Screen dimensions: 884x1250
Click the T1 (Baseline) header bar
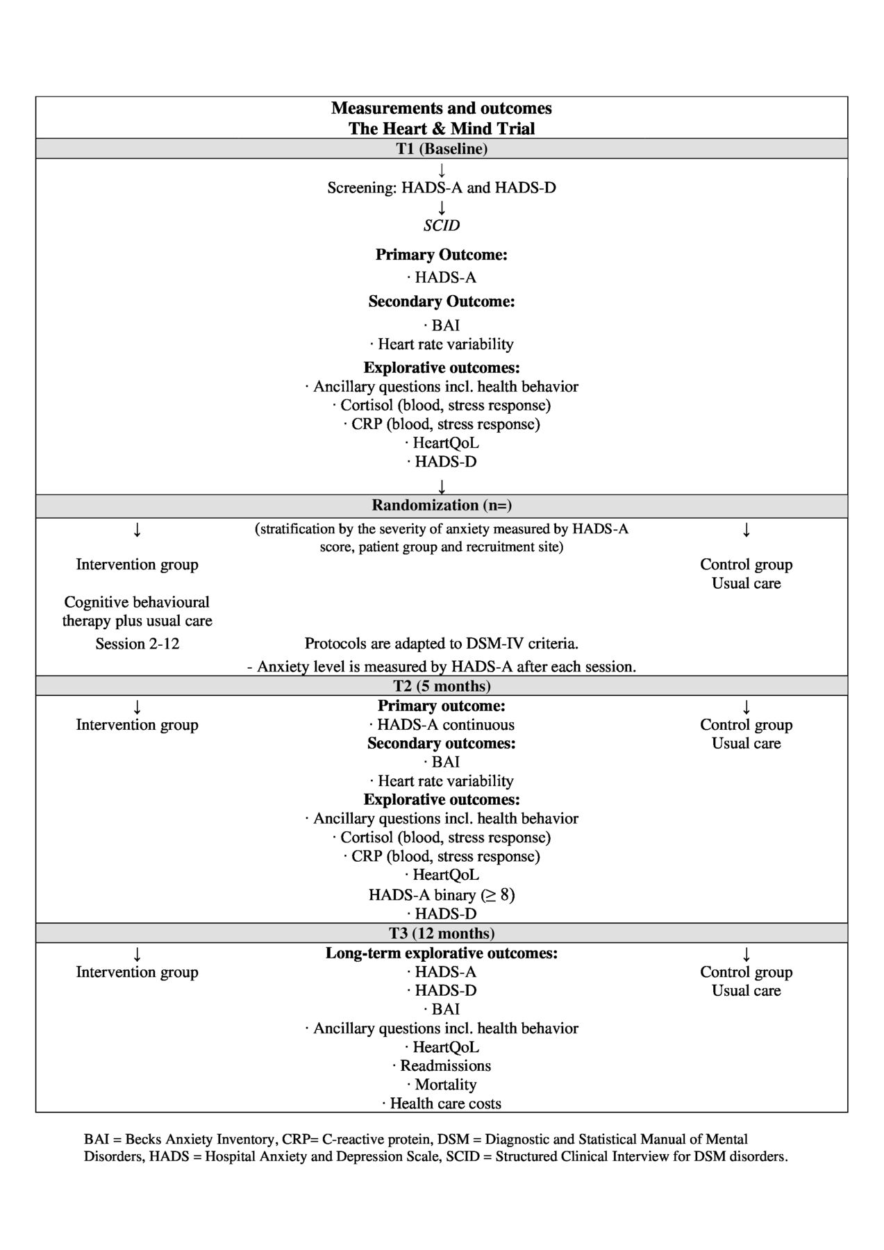442,149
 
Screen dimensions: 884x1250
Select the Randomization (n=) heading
442,506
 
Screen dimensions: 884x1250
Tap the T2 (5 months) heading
442,686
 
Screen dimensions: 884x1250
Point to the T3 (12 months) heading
442,933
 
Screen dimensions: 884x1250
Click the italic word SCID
442,226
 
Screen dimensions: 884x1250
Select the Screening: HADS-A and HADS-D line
442,187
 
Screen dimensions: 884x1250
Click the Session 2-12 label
137,644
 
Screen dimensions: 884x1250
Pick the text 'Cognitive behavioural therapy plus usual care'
137,611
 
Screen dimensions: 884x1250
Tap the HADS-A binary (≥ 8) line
442,894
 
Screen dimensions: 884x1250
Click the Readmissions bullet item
442,1066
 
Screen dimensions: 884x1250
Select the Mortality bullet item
442,1085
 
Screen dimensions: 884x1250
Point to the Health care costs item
442,1103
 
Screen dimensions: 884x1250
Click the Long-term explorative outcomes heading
442,953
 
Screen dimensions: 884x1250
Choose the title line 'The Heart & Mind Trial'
442,128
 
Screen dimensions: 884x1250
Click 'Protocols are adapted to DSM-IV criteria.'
442,644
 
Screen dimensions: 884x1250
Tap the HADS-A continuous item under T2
442,725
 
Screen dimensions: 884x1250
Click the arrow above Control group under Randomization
747,530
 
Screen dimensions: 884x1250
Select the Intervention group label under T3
137,972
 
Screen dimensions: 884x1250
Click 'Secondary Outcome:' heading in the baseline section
442,301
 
